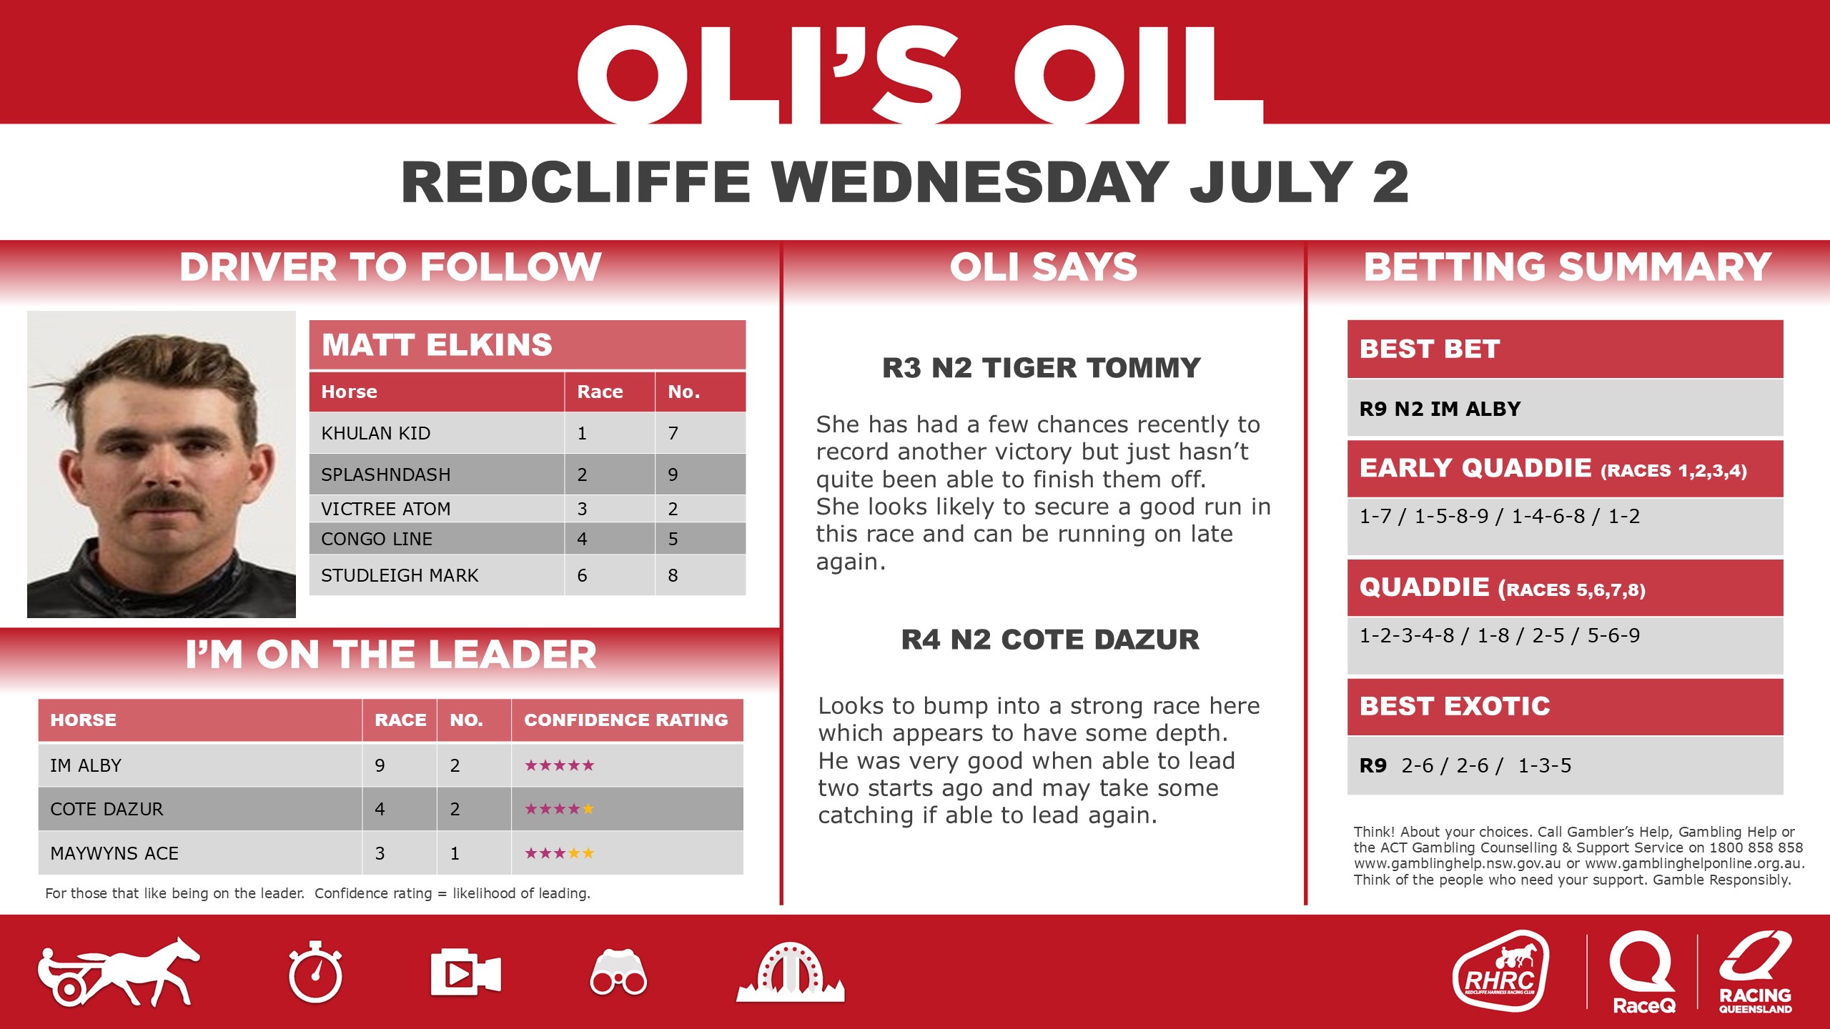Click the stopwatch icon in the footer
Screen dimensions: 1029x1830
tap(315, 973)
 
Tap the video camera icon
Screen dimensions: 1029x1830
tap(465, 973)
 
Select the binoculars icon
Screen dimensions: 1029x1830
tap(618, 973)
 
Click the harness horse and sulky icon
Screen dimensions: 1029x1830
tap(119, 973)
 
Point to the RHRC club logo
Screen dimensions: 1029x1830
tap(1500, 971)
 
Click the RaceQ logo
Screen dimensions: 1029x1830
tap(1643, 972)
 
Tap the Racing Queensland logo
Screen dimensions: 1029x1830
tap(1755, 972)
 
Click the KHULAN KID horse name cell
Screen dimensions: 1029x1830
tap(376, 433)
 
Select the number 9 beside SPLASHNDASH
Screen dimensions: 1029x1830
tap(673, 474)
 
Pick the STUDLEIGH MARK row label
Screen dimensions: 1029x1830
tap(400, 575)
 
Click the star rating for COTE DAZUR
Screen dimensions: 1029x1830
tap(559, 809)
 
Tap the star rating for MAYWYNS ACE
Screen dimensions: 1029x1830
tap(559, 853)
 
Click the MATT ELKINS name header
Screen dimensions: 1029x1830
tap(437, 345)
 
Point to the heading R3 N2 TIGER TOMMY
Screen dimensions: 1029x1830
tap(1041, 368)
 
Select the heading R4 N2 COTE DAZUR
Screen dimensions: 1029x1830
tap(1050, 640)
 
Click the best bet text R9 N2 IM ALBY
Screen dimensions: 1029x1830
tap(1440, 409)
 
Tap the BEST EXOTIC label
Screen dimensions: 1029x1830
tap(1455, 706)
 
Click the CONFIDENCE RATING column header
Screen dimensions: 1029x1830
tap(625, 720)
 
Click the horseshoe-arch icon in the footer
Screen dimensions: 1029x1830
tap(790, 973)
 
